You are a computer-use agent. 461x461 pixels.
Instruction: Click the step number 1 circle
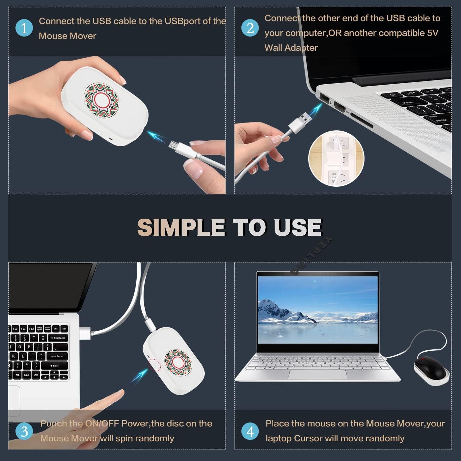click(24, 28)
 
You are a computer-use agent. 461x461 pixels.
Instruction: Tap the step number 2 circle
click(250, 28)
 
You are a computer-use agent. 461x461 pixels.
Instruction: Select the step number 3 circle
click(24, 431)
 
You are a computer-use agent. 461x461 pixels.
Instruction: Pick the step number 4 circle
click(250, 431)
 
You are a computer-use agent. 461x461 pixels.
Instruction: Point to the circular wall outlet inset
click(336, 158)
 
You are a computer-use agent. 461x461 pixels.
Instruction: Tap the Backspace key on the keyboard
click(58, 338)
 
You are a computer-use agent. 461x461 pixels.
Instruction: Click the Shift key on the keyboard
click(55, 366)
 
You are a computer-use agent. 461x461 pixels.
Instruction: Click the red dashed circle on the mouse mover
click(154, 365)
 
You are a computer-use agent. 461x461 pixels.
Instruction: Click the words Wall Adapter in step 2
click(291, 48)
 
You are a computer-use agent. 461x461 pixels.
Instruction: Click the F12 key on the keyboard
click(31, 329)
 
